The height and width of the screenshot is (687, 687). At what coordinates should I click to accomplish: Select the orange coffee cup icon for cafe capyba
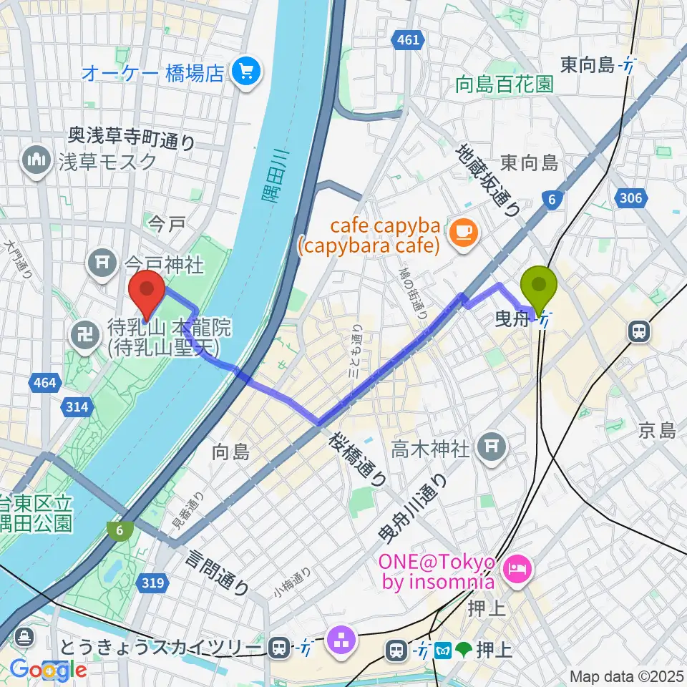tap(462, 230)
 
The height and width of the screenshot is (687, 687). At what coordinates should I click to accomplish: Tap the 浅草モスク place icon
tap(35, 160)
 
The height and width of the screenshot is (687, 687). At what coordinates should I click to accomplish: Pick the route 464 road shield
tap(44, 384)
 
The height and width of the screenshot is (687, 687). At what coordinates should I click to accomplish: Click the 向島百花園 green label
tap(505, 84)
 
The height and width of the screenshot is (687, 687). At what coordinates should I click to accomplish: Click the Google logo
tap(48, 670)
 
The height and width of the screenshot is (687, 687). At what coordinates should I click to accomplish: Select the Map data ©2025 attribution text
tap(626, 676)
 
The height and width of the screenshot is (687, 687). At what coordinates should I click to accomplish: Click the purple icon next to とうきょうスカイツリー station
tap(340, 639)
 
